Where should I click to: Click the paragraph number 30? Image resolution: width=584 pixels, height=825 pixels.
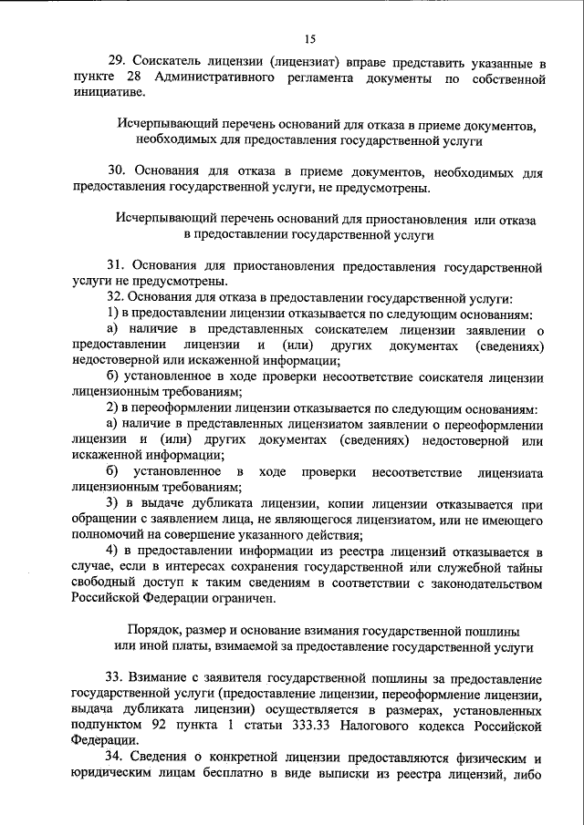click(x=116, y=171)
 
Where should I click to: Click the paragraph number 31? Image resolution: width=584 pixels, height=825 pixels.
click(x=115, y=266)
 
